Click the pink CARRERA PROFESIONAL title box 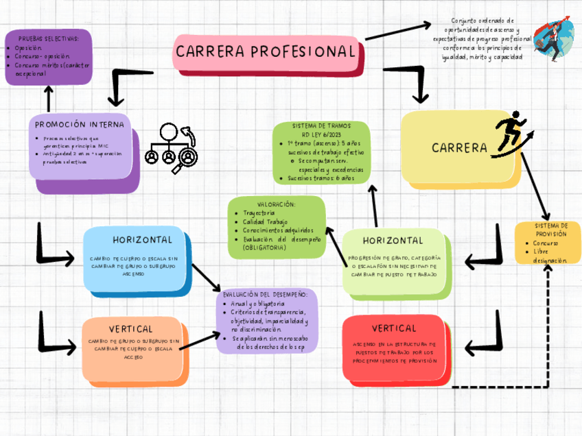(x=267, y=52)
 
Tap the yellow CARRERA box (x=459, y=147)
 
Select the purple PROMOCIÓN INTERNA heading (x=80, y=125)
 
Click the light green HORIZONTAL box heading (x=393, y=241)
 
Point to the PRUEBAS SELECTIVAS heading (x=47, y=39)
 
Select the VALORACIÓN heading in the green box (x=276, y=204)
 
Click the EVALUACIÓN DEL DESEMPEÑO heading (x=267, y=294)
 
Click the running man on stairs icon (x=511, y=132)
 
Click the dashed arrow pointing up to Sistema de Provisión (x=547, y=322)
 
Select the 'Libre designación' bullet (x=548, y=256)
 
